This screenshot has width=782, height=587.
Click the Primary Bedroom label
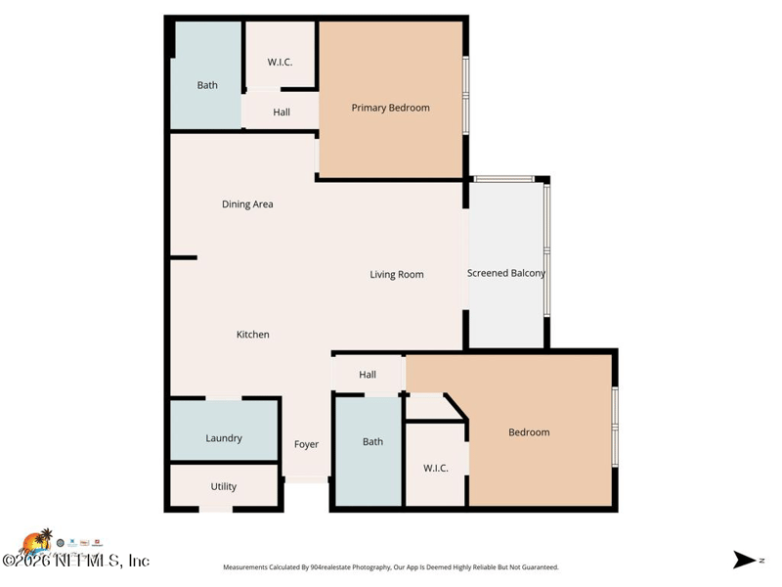coord(390,108)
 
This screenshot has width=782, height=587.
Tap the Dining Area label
coord(247,204)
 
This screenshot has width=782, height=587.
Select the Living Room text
coord(397,275)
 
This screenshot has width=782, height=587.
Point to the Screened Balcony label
coord(506,273)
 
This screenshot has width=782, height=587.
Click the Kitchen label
coord(252,335)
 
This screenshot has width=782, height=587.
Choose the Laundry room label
coord(224,438)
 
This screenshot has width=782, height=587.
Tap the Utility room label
coord(224,486)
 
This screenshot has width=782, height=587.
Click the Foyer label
coord(306,444)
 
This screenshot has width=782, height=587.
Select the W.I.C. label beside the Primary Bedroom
coord(281,63)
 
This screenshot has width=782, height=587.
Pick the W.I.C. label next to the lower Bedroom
coord(436,469)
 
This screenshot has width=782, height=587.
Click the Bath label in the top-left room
coord(207,85)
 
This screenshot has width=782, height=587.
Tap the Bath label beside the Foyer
coord(372,442)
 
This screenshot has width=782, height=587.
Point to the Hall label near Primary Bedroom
coord(282,113)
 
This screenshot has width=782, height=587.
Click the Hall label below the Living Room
coord(368,375)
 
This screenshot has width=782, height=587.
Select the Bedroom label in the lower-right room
coord(529,432)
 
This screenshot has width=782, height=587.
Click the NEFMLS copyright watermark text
coord(75,561)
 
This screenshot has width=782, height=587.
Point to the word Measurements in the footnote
coord(250,567)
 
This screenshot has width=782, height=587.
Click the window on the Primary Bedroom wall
coord(466,95)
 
